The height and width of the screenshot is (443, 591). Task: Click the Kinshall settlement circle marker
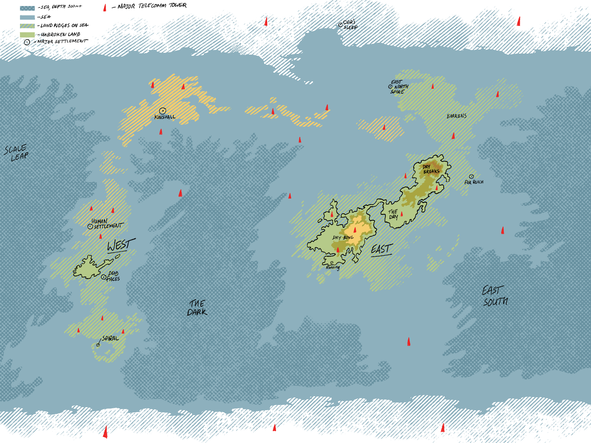[x=163, y=111]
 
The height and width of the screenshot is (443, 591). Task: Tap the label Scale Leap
[x=16, y=153]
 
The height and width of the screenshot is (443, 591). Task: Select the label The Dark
[x=197, y=308]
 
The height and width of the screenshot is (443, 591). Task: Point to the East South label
[x=495, y=296]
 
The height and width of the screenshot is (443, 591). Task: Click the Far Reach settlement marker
[x=471, y=177]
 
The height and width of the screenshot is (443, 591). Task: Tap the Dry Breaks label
[x=431, y=169]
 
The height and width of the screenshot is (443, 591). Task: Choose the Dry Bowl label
[x=343, y=237]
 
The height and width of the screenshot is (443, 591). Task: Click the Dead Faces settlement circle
[x=103, y=277]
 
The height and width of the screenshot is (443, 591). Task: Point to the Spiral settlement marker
[x=98, y=345]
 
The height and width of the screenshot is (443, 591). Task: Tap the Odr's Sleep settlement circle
[x=340, y=25]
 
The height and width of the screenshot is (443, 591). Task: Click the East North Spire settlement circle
[x=390, y=87]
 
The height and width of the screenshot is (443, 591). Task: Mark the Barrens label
[x=457, y=116]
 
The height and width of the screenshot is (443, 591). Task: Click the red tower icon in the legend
[x=105, y=8]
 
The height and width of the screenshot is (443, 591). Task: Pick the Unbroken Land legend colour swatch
[x=27, y=35]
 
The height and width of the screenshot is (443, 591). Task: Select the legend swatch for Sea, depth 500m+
[x=27, y=8]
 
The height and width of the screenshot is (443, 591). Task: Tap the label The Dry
[x=393, y=214]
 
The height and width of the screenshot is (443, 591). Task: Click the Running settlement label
[x=333, y=267]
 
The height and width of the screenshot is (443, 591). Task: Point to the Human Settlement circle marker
[x=90, y=226]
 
